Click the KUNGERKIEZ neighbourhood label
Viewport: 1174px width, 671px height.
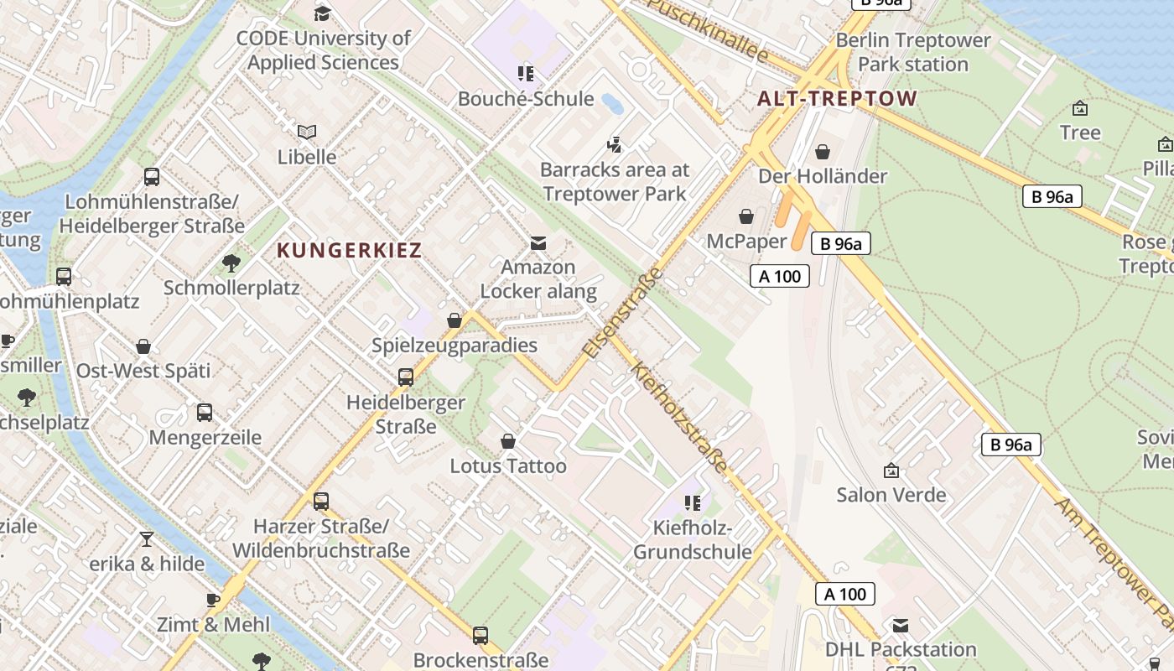point(349,250)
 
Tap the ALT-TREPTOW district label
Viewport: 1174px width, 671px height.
point(837,98)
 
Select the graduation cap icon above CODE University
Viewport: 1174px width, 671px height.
point(322,13)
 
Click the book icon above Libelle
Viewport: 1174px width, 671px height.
point(307,133)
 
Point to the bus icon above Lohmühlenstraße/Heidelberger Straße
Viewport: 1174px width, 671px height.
point(152,177)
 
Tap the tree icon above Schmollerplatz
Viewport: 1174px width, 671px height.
point(231,263)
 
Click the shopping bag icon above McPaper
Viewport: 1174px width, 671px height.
point(746,217)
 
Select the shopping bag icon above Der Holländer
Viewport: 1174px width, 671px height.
point(823,152)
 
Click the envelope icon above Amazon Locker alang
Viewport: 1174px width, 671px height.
point(538,243)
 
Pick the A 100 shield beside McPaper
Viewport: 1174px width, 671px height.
point(779,276)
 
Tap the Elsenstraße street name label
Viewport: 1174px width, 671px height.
point(623,314)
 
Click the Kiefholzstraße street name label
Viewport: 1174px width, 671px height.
point(679,417)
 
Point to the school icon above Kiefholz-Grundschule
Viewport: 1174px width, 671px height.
point(692,503)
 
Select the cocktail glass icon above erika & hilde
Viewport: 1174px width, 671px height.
point(147,539)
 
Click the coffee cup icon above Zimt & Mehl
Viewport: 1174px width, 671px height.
point(213,601)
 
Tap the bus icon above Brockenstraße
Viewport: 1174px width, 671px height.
point(481,636)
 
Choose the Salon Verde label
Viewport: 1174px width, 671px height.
point(891,495)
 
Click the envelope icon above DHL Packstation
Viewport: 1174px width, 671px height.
point(901,626)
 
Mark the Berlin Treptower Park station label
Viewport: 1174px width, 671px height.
point(913,52)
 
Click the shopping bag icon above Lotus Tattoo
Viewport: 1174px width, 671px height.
point(508,441)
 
